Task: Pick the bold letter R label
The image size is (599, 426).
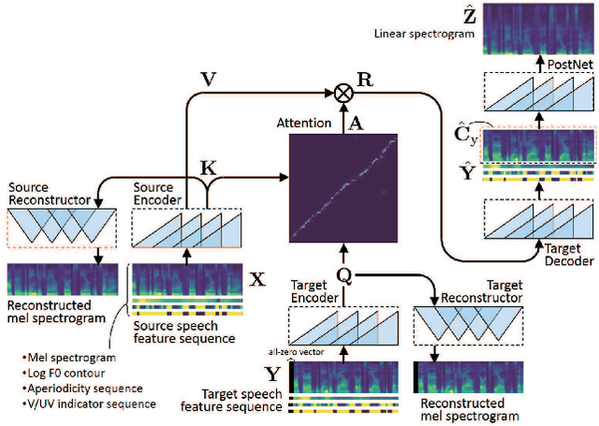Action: (x=366, y=81)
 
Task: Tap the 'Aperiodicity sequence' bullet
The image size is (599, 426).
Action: (x=79, y=389)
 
